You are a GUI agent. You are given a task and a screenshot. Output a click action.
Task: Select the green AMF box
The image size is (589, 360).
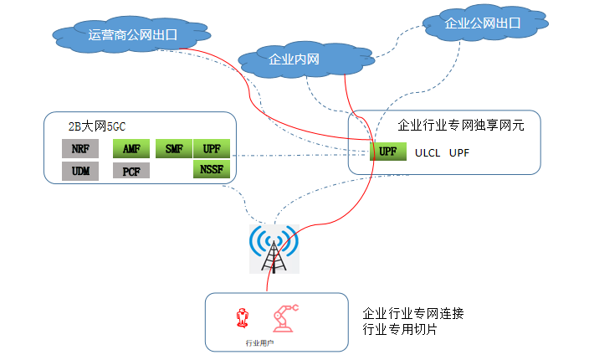click(131, 150)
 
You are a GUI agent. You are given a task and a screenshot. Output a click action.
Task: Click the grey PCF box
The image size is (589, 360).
click(131, 172)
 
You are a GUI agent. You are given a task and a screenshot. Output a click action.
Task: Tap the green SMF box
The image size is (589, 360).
click(174, 150)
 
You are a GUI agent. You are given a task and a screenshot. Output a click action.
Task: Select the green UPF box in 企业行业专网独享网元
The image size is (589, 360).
click(387, 152)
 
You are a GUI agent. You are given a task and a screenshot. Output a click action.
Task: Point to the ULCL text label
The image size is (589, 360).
click(427, 153)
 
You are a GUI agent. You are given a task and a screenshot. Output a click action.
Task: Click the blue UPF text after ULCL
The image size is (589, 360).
click(460, 153)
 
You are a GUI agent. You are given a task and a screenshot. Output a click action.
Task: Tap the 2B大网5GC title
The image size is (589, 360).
click(97, 127)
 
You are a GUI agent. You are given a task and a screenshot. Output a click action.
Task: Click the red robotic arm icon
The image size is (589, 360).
click(285, 318)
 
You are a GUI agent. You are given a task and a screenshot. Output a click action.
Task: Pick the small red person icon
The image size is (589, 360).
click(243, 319)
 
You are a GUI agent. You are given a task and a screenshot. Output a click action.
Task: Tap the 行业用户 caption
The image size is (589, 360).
click(259, 343)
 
